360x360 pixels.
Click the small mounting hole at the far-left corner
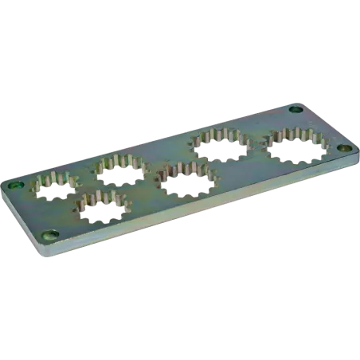point(14,186)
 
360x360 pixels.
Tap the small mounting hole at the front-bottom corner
point(52,235)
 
